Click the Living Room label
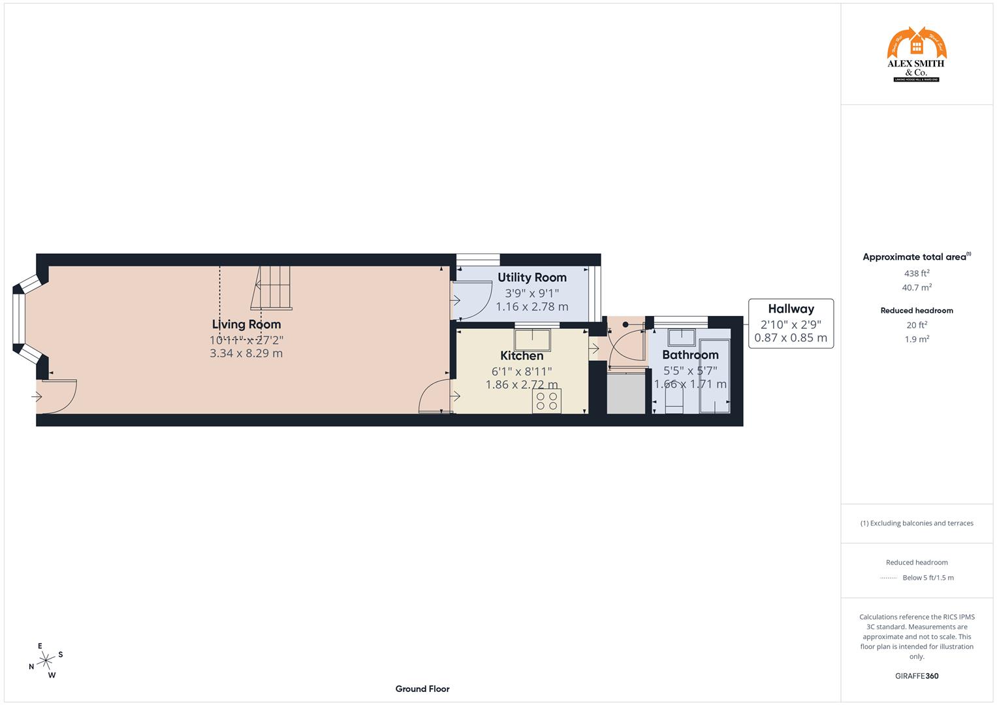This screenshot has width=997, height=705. (x=246, y=324)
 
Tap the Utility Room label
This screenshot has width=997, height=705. (x=532, y=277)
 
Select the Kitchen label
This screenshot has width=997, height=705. (x=522, y=356)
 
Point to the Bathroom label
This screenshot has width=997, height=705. (x=690, y=355)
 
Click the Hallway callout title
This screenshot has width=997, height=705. (x=791, y=309)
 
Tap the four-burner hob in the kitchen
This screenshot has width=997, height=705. (x=546, y=401)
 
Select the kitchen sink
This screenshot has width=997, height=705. (x=532, y=340)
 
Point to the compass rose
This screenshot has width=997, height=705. (x=45, y=661)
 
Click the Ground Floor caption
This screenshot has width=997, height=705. (x=422, y=689)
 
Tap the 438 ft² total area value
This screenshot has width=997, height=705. (x=917, y=274)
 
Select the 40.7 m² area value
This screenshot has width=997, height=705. (x=917, y=287)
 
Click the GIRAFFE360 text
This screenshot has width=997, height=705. (x=917, y=676)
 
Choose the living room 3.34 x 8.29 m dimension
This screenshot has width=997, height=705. (x=246, y=354)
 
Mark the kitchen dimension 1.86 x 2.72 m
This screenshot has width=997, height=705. (x=522, y=385)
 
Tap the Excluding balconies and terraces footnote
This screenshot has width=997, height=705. (x=917, y=523)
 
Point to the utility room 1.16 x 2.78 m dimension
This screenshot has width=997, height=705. (x=532, y=307)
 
